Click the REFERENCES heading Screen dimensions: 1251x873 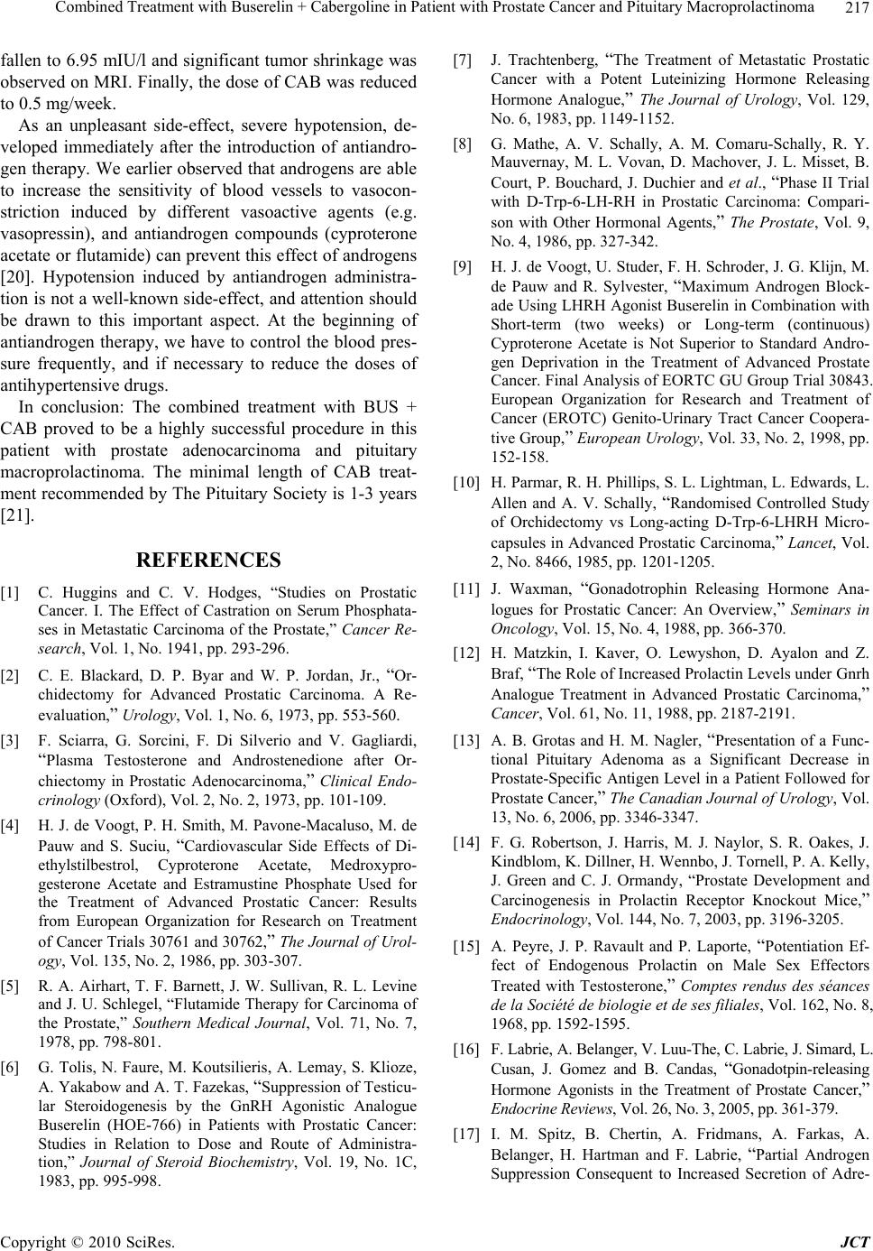pos(208,561)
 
